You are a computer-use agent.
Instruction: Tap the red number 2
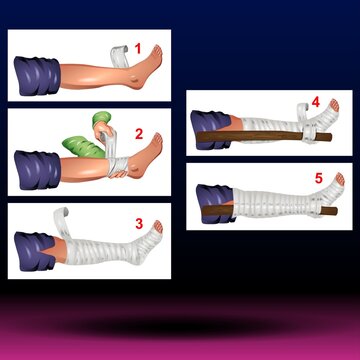coord(154,130)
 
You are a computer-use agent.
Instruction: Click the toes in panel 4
coord(333,104)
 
